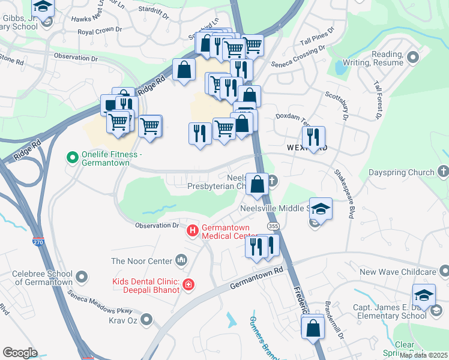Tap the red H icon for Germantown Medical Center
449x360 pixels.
click(x=193, y=230)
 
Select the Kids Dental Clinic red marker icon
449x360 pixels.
click(x=189, y=284)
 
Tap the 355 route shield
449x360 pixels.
click(x=274, y=225)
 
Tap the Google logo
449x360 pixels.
click(x=19, y=353)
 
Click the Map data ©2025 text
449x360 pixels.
click(x=423, y=355)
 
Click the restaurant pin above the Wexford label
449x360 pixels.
click(x=313, y=137)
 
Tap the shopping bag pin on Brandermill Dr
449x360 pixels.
click(x=313, y=329)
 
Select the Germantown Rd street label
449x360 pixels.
click(x=256, y=280)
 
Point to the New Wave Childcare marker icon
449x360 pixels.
click(x=443, y=272)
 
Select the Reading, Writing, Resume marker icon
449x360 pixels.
click(x=412, y=57)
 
